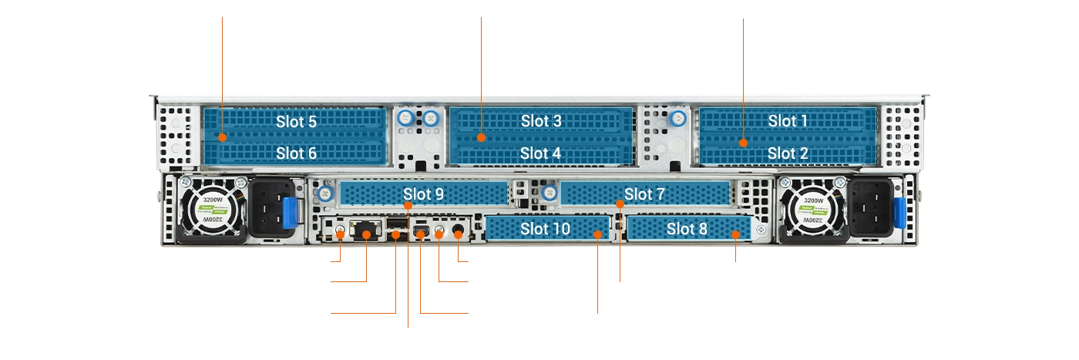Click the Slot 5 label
pos(296,121)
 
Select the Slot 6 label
pos(296,153)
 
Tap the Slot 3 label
pos(541,121)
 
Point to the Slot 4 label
pos(540,153)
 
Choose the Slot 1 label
pos(788,121)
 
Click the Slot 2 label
pos(788,153)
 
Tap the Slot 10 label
pos(545,228)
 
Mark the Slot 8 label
pos(687,228)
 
